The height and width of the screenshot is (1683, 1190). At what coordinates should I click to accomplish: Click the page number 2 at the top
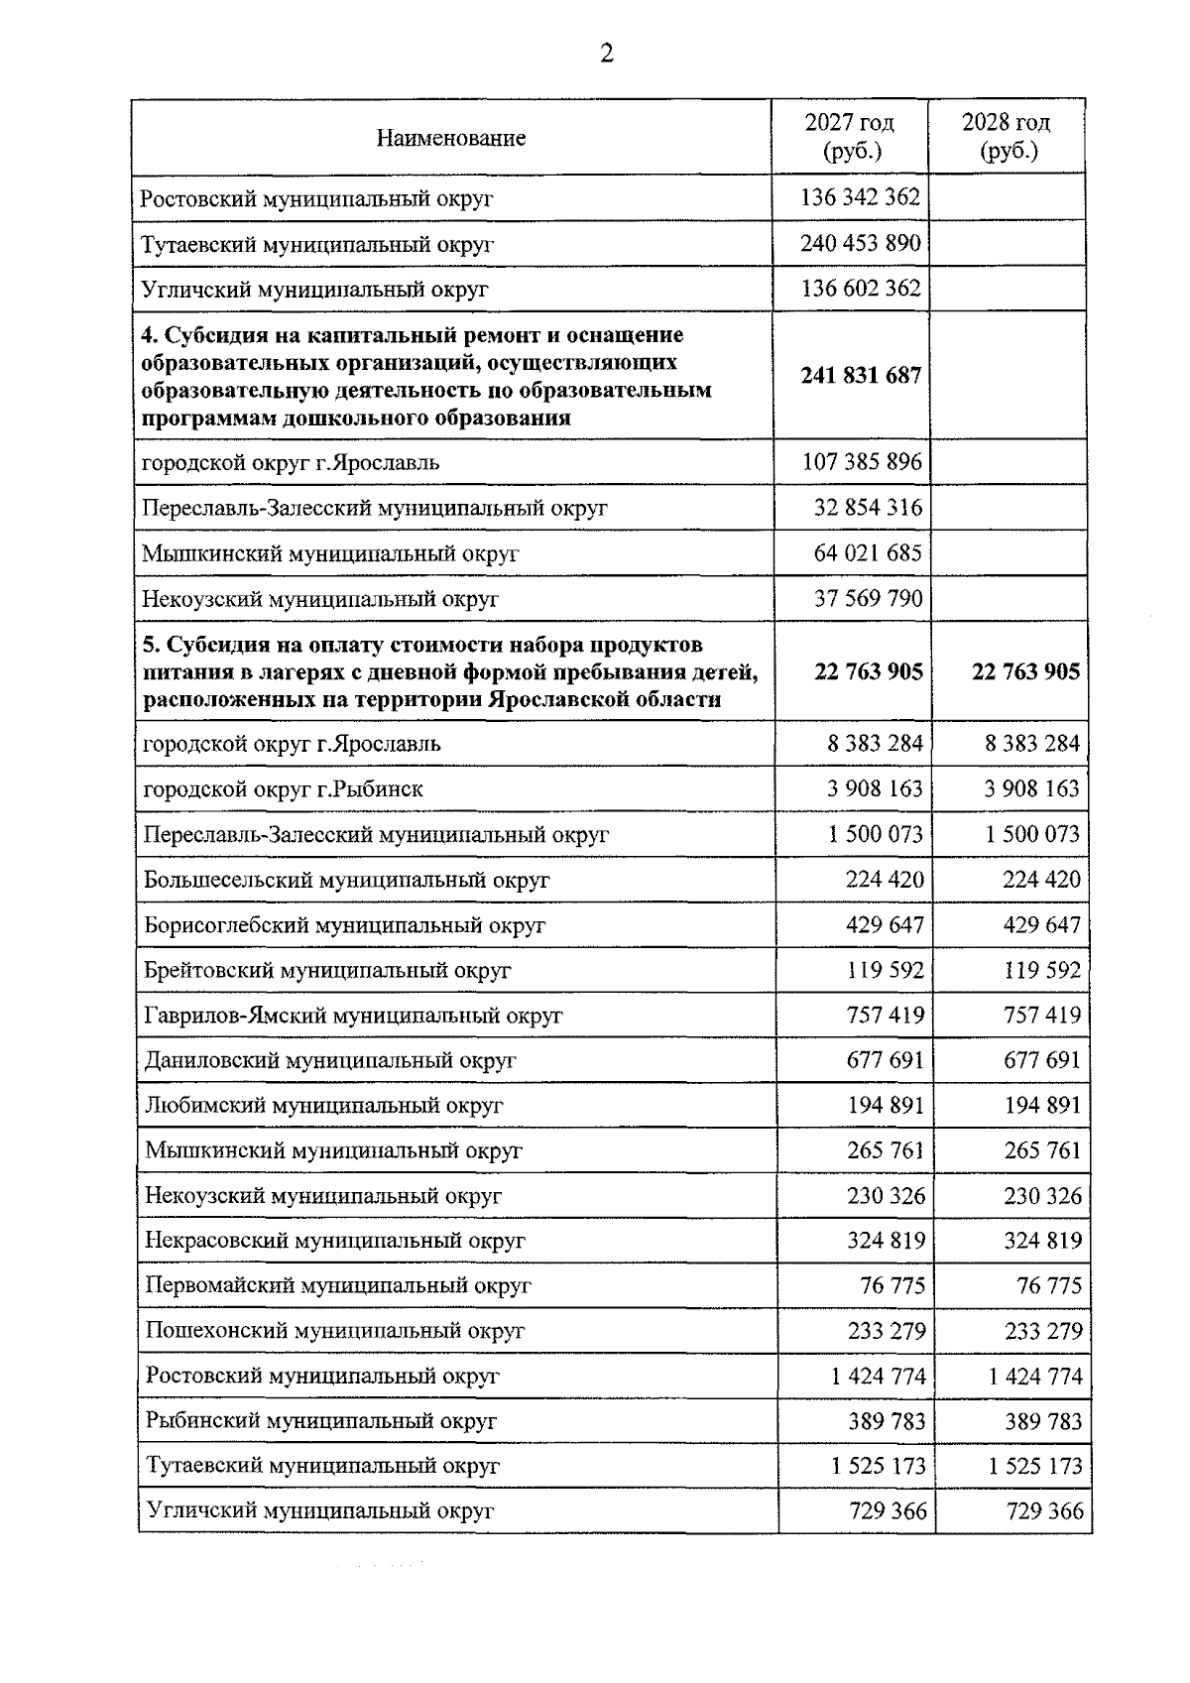click(x=607, y=53)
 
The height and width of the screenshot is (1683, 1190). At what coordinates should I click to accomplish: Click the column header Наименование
click(x=450, y=138)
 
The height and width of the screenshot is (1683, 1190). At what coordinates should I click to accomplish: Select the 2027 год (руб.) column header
click(x=850, y=137)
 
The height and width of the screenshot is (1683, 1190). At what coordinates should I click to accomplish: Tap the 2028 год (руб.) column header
click(x=1007, y=137)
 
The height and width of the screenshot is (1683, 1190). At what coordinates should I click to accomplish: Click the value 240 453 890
click(x=861, y=243)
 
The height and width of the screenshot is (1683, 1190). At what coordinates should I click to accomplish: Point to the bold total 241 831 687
click(x=861, y=376)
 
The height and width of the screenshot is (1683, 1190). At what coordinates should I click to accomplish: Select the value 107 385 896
click(x=861, y=462)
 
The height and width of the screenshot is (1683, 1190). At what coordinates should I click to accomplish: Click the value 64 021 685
click(x=868, y=552)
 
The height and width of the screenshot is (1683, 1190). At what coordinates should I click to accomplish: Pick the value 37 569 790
click(x=868, y=598)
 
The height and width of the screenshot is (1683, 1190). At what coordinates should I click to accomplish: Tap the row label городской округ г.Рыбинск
click(x=284, y=789)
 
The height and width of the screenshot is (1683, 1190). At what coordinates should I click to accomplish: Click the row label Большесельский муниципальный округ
click(x=346, y=880)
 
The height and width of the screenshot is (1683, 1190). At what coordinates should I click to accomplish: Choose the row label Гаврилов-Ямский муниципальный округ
click(x=353, y=1016)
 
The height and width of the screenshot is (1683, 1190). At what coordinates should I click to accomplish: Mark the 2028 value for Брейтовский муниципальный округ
click(x=1042, y=970)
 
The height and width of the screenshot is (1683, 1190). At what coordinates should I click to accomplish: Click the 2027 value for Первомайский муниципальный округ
click(x=892, y=1285)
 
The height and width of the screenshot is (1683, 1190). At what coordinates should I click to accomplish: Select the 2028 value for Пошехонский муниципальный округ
click(x=1043, y=1331)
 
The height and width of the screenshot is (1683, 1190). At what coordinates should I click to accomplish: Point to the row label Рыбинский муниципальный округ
click(x=320, y=1421)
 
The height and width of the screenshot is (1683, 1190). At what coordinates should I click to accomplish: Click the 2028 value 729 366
click(x=1044, y=1511)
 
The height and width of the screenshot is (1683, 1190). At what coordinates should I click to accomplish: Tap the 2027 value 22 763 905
click(x=869, y=672)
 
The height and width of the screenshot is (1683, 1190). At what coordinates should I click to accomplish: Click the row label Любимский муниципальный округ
click(x=324, y=1106)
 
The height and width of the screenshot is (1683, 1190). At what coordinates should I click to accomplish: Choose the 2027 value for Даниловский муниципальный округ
click(x=886, y=1060)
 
